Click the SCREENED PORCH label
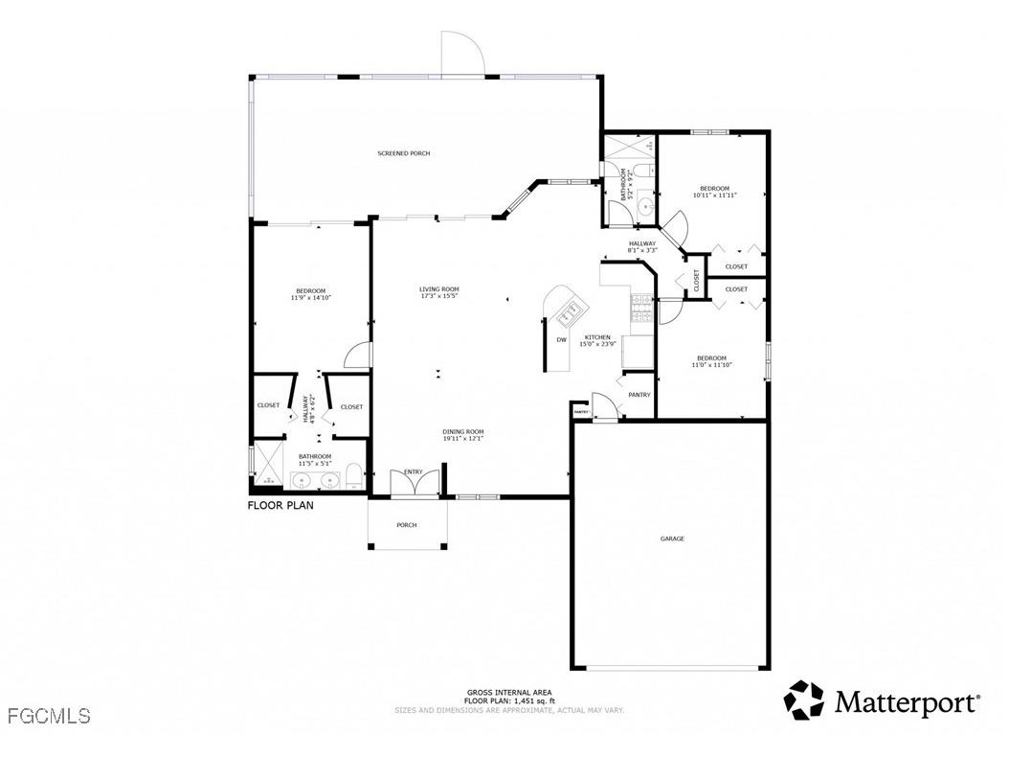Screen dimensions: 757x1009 [x=403, y=153]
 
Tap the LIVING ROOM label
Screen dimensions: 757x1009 [x=439, y=292]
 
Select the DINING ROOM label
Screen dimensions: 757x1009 [x=462, y=435]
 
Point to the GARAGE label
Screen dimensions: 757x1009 [x=672, y=539]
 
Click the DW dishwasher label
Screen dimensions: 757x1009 [x=562, y=340]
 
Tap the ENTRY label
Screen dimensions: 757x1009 [x=414, y=471]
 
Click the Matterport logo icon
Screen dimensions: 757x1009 [x=804, y=700]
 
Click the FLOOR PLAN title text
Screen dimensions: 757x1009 [x=280, y=505]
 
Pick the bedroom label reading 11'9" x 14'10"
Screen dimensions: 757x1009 [x=311, y=294]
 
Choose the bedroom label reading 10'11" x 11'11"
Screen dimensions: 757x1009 [x=714, y=191]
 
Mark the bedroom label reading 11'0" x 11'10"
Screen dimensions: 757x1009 [x=712, y=361]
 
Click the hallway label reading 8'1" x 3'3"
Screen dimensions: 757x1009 [x=642, y=246]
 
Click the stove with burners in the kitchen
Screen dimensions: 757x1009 [x=640, y=308]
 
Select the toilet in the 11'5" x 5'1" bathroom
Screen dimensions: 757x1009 [x=352, y=476]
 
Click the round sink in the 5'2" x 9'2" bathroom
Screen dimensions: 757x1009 [x=646, y=205]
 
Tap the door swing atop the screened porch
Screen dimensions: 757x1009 [x=462, y=53]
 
